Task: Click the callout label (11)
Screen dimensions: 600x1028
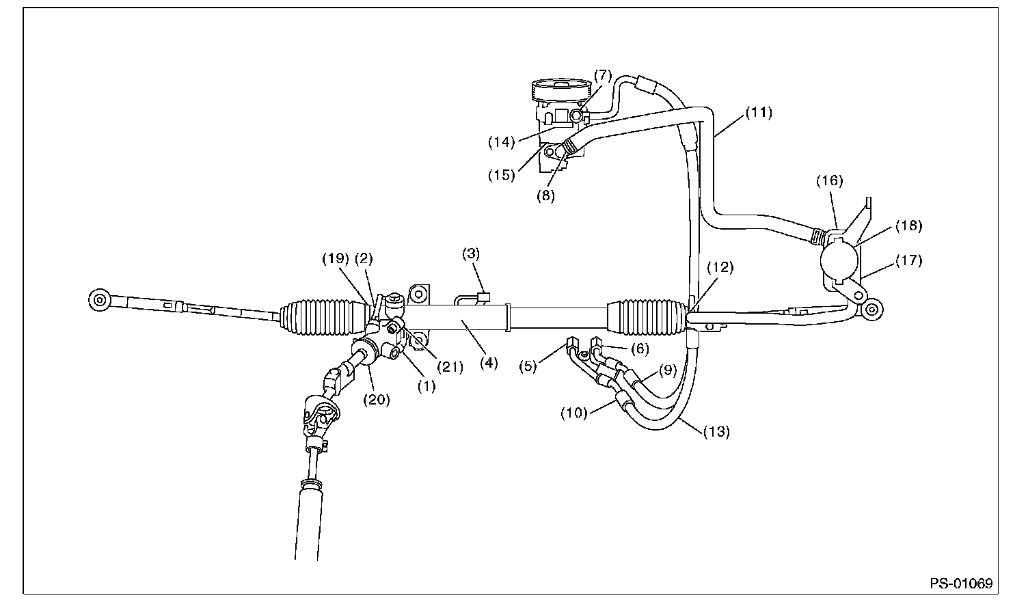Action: (x=758, y=113)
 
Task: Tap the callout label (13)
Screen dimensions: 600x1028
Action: (x=716, y=431)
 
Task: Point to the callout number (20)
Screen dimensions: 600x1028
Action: (x=376, y=400)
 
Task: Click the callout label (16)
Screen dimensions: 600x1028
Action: (x=830, y=180)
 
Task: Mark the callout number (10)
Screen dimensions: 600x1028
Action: (x=573, y=413)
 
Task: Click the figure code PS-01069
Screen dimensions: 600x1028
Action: (x=960, y=584)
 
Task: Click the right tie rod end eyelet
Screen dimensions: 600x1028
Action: (x=871, y=309)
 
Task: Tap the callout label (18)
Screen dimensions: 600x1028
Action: (x=909, y=225)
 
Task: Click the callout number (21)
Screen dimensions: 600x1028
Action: (x=450, y=367)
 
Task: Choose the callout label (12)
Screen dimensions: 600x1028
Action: (x=720, y=267)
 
